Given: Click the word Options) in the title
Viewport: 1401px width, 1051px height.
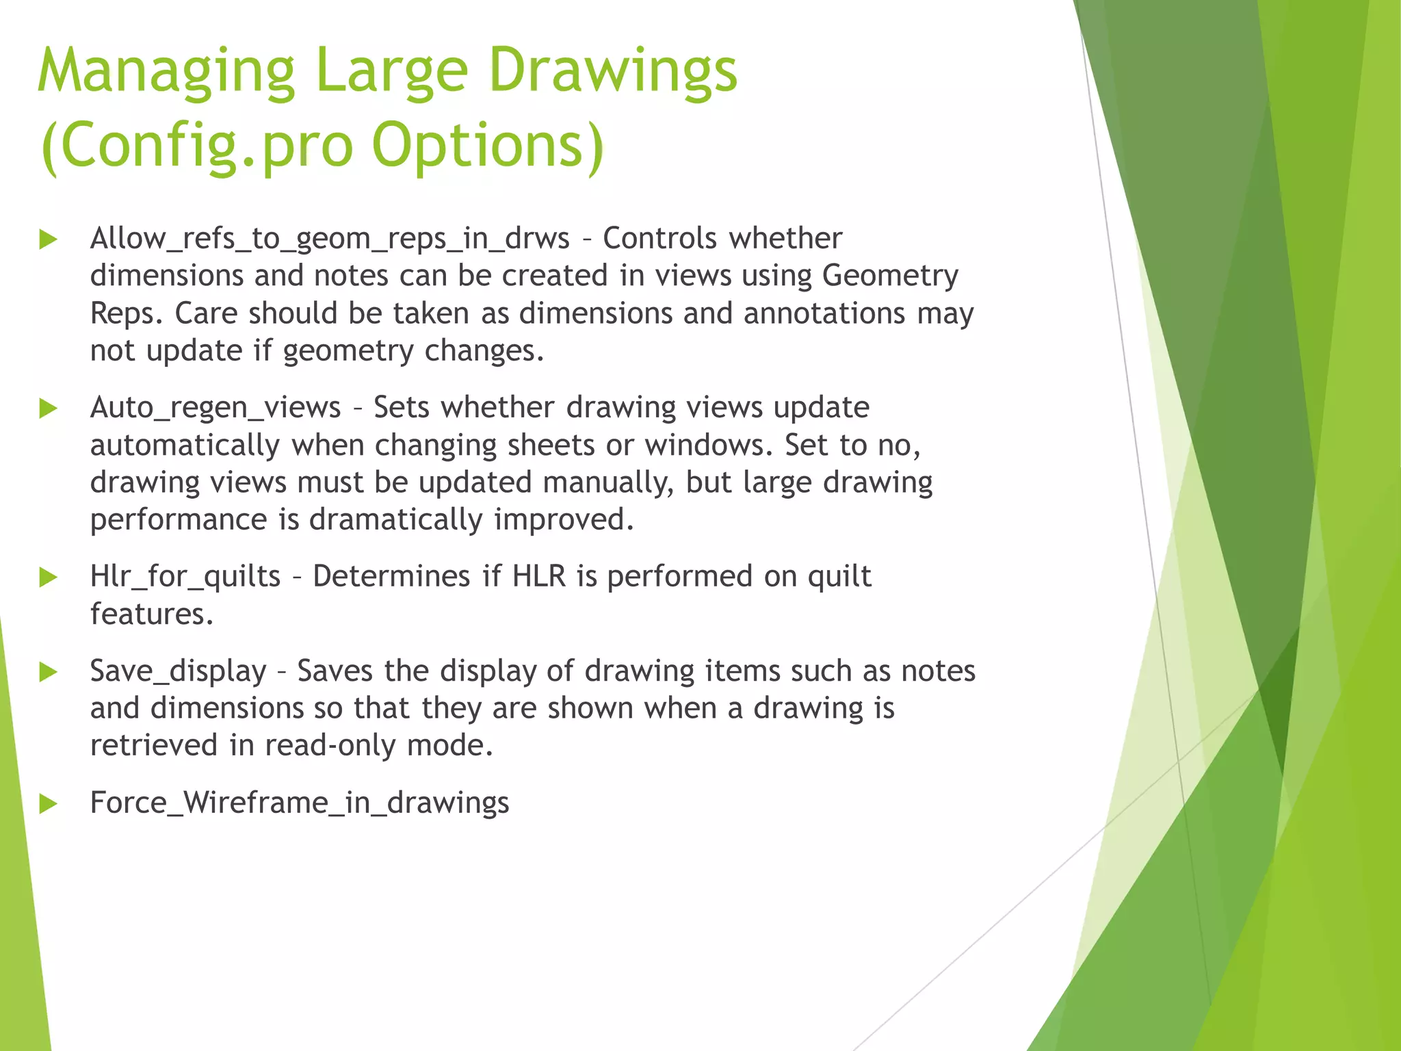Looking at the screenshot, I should pyautogui.click(x=488, y=145).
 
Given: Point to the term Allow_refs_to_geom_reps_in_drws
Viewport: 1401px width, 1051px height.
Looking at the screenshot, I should pyautogui.click(x=330, y=239).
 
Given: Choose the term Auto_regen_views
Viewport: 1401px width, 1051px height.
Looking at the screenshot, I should pyautogui.click(x=215, y=408).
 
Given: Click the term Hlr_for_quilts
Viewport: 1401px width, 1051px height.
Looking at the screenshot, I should pyautogui.click(x=185, y=577).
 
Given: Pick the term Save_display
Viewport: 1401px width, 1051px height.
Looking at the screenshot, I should pyautogui.click(x=179, y=671).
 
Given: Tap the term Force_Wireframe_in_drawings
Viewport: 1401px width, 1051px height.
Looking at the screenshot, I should pyautogui.click(x=300, y=803).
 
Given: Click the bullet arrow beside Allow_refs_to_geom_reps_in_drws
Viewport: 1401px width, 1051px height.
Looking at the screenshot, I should pyautogui.click(x=48, y=239).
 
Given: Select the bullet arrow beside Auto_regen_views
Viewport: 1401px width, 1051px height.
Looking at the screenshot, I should pyautogui.click(x=48, y=409).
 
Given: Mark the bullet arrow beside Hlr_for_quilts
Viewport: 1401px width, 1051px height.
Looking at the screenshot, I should pyautogui.click(x=48, y=578).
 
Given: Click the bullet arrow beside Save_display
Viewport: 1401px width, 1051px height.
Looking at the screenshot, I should pyautogui.click(x=48, y=672).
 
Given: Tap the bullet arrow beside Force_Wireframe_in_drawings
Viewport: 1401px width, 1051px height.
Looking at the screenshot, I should pyautogui.click(x=48, y=803).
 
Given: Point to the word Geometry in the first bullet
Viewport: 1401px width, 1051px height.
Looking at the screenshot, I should pyautogui.click(x=890, y=276).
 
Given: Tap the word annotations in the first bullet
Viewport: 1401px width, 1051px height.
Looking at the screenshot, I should pyautogui.click(x=824, y=314).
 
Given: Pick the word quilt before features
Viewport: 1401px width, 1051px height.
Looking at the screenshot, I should pyautogui.click(x=839, y=577).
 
